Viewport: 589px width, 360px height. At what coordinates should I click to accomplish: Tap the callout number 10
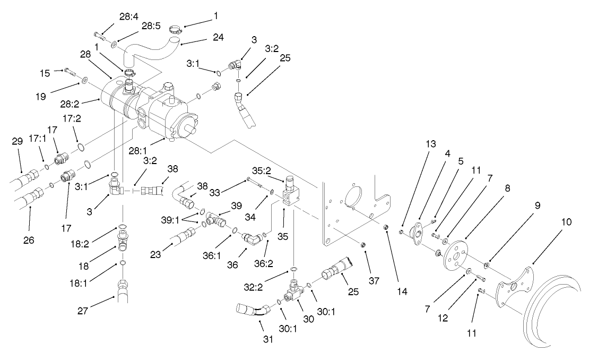tap(566, 222)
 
